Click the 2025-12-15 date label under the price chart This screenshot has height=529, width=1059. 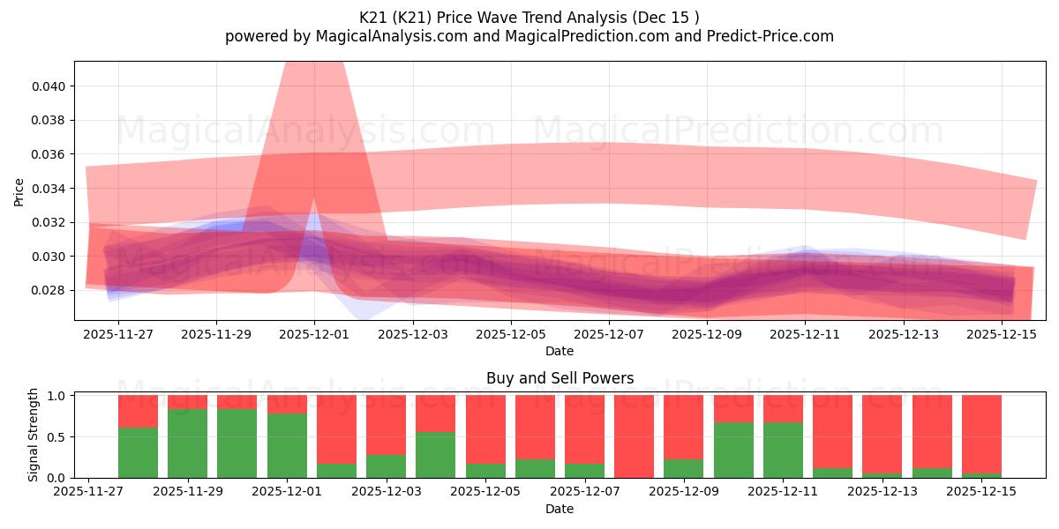pyautogui.click(x=1002, y=335)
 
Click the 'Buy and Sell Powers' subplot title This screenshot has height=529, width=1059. pyautogui.click(x=560, y=378)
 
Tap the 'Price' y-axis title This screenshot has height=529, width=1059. pyautogui.click(x=19, y=192)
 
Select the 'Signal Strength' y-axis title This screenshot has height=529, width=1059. pyautogui.click(x=34, y=435)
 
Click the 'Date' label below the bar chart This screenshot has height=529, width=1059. pyautogui.click(x=560, y=509)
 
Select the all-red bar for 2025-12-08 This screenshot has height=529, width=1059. pyautogui.click(x=635, y=436)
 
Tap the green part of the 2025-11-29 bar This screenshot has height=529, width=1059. pyautogui.click(x=187, y=443)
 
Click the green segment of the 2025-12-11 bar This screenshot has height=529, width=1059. pyautogui.click(x=783, y=450)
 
